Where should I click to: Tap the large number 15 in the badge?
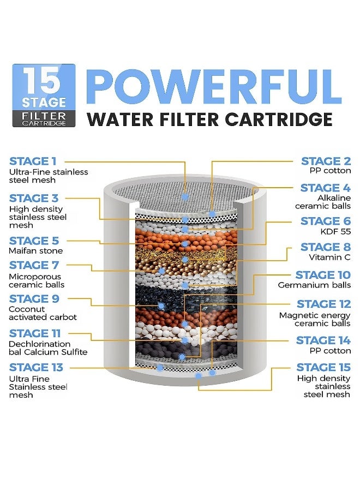tap(44, 81)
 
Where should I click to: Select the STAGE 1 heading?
tap(33, 161)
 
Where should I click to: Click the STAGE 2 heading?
tap(326, 161)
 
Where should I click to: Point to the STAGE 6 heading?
tap(326, 221)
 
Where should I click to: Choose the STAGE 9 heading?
tap(34, 299)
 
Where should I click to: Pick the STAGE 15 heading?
tap(323, 367)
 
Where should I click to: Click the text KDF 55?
tap(338, 231)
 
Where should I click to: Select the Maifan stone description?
tap(35, 251)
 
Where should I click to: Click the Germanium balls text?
tap(314, 285)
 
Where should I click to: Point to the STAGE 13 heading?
tap(36, 367)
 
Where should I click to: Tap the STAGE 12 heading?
tap(323, 304)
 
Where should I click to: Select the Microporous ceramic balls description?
tap(37, 280)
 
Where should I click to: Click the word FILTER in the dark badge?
tap(44, 116)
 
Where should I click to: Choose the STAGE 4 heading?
tap(325, 188)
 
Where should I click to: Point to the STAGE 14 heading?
tap(323, 340)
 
